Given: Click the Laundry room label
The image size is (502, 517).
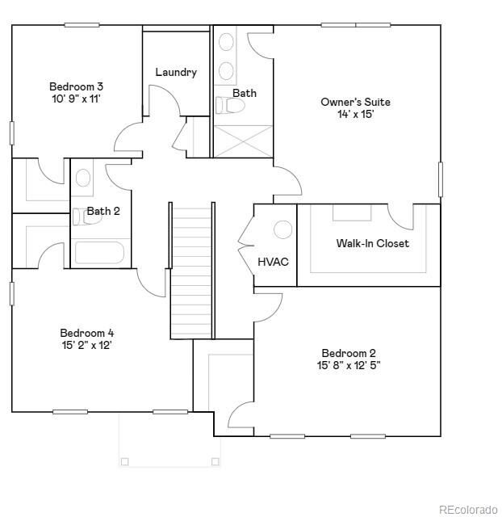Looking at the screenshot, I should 176,73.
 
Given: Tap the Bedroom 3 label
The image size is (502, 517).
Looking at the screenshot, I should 76,86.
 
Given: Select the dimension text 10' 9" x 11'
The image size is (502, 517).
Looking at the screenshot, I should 76,99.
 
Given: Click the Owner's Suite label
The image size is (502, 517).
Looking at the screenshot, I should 355,102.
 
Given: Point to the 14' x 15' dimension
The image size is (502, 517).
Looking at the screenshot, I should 355,114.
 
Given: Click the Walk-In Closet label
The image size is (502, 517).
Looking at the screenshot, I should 372,243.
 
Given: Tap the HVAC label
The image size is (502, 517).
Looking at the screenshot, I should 273,262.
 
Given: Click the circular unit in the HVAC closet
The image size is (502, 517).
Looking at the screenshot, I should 282,229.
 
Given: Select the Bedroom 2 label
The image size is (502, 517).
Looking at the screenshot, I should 349,353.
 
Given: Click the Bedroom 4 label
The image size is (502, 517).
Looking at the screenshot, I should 87,333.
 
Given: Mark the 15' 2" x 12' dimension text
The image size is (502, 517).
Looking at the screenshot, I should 86,345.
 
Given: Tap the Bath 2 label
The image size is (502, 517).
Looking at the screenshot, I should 103,212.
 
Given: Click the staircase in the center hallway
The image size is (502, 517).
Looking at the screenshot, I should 191,271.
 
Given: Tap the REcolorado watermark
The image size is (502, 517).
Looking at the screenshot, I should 468,509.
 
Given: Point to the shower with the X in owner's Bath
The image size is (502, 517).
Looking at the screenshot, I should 242,140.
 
